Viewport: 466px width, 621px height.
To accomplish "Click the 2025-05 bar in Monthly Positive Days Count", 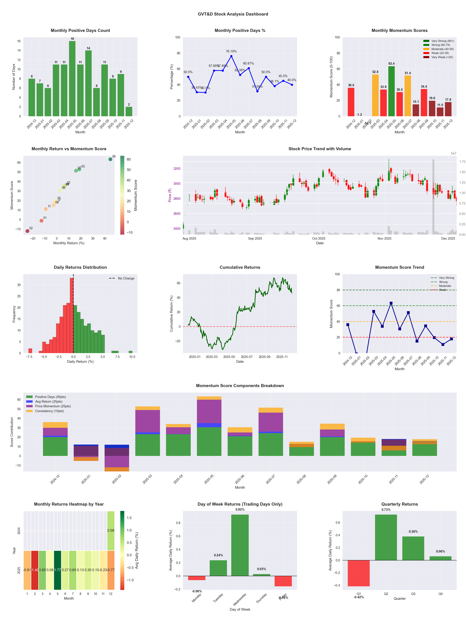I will click(x=72, y=79).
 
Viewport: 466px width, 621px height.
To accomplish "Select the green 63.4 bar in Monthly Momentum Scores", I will click(x=391, y=91).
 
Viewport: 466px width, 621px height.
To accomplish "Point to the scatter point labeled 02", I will click(x=27, y=231).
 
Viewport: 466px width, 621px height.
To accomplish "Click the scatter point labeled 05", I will click(x=110, y=159).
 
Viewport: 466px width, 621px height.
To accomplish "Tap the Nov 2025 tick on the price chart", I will click(x=384, y=238).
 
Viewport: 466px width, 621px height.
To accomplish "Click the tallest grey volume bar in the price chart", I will click(x=433, y=196).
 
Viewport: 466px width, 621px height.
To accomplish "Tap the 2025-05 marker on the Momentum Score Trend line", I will click(x=391, y=303).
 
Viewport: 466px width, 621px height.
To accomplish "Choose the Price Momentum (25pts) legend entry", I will click(x=53, y=406).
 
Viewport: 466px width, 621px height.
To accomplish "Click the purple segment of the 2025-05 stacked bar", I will click(x=209, y=411).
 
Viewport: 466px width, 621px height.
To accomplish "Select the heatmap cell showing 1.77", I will click(x=57, y=570).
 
